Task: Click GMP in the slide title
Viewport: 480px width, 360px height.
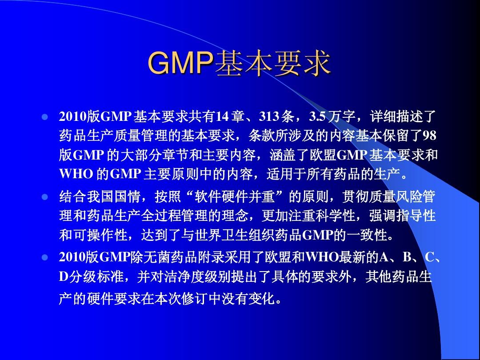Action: [180, 63]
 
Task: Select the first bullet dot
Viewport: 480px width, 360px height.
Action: [45, 117]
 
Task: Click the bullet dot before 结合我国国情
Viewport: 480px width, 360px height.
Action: [45, 196]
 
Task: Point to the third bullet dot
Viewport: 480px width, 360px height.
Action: [45, 257]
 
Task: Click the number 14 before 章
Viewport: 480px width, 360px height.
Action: [222, 116]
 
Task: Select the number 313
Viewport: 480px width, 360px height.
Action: [269, 116]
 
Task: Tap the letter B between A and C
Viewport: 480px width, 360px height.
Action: [407, 257]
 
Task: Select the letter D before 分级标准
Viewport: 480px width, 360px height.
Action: [63, 277]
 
